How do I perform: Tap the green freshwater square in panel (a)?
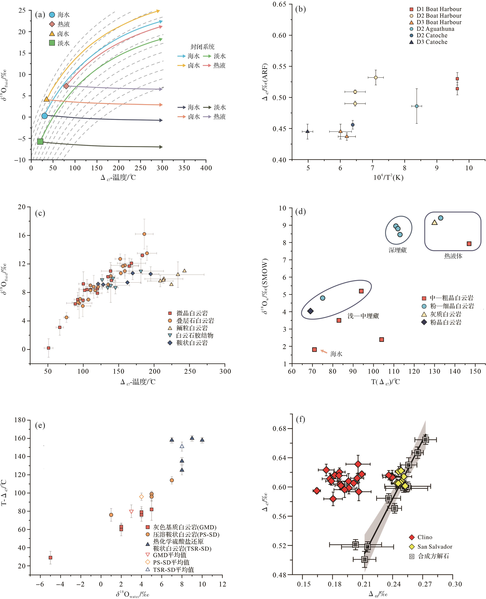40,141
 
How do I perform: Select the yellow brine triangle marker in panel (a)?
46,99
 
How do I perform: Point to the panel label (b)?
300,9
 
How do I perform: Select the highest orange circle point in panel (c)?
144,234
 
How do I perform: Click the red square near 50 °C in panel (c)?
48,348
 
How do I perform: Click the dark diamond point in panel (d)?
310,311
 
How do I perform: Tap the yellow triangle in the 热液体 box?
435,223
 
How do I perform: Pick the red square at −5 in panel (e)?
50,557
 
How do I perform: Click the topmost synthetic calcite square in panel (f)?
426,440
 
